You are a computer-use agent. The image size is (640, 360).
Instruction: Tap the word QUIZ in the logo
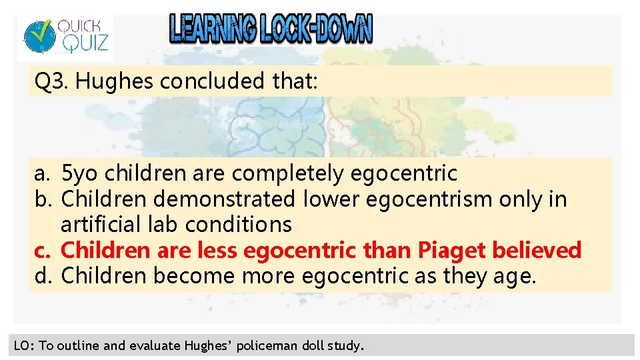(x=81, y=44)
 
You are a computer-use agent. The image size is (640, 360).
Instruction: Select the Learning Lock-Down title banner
(x=271, y=29)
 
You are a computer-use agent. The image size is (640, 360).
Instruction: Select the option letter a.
(x=42, y=174)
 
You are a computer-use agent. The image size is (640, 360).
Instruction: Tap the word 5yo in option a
(x=81, y=174)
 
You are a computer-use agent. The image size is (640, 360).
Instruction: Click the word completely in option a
(x=288, y=174)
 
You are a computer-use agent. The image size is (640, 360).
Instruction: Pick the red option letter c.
(x=42, y=251)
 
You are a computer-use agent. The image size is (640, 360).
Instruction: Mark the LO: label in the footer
(x=24, y=346)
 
